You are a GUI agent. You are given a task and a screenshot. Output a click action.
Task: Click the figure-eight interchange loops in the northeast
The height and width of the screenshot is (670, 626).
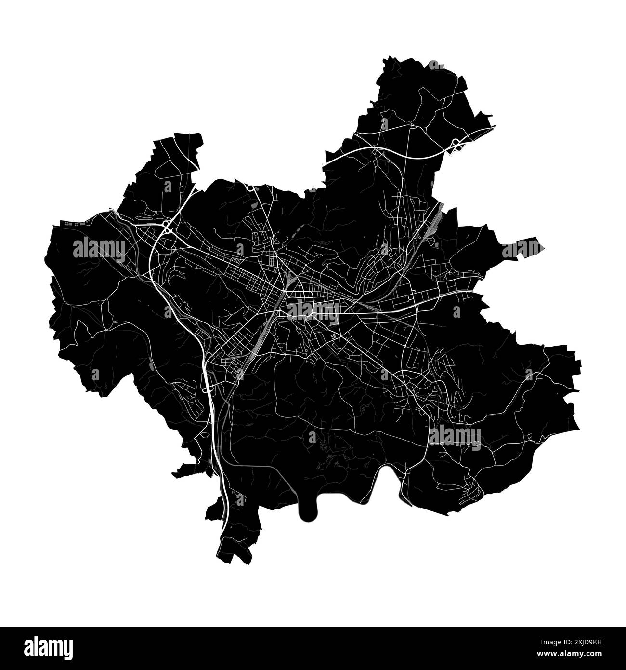tap(456, 144)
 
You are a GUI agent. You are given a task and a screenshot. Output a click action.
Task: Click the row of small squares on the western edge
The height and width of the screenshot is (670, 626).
tap(72, 223)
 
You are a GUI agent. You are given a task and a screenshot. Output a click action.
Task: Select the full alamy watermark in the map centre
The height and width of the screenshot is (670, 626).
tap(313, 311)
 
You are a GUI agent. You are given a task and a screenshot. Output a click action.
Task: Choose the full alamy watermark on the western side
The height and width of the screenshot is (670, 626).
tap(99, 249)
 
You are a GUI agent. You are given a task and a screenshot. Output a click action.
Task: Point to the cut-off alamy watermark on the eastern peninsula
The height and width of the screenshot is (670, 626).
tap(522, 249)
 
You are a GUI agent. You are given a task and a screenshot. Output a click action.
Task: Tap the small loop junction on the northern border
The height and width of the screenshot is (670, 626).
tap(250, 187)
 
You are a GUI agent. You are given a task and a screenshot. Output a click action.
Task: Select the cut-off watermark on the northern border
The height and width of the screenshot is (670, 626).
tap(436, 65)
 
